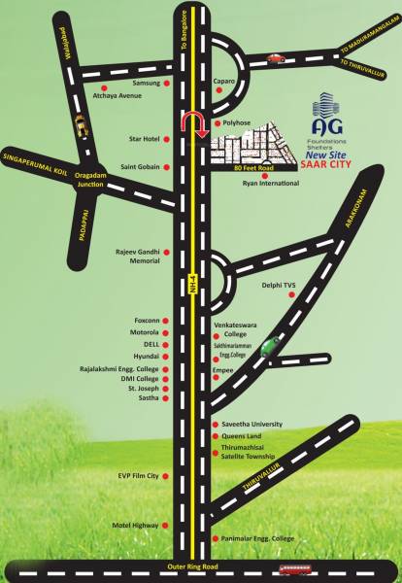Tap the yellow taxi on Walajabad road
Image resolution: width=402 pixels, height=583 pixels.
[79, 124]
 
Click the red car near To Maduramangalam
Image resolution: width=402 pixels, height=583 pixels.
[275, 59]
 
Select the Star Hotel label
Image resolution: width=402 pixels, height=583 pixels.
[144, 140]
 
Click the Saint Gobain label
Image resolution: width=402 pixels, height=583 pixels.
[140, 167]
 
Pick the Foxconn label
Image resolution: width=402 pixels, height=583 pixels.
[146, 320]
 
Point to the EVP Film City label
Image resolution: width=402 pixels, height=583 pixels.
[139, 476]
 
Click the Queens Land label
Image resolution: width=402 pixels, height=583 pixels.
[243, 437]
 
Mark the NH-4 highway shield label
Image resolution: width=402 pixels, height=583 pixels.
[193, 284]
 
